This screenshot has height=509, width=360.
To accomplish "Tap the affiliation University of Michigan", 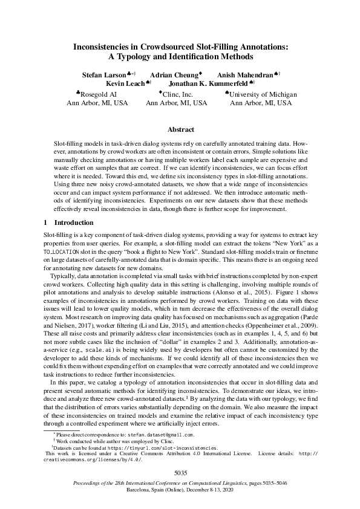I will coord(263,94).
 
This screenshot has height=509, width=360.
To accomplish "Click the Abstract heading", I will coord(180,129).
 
